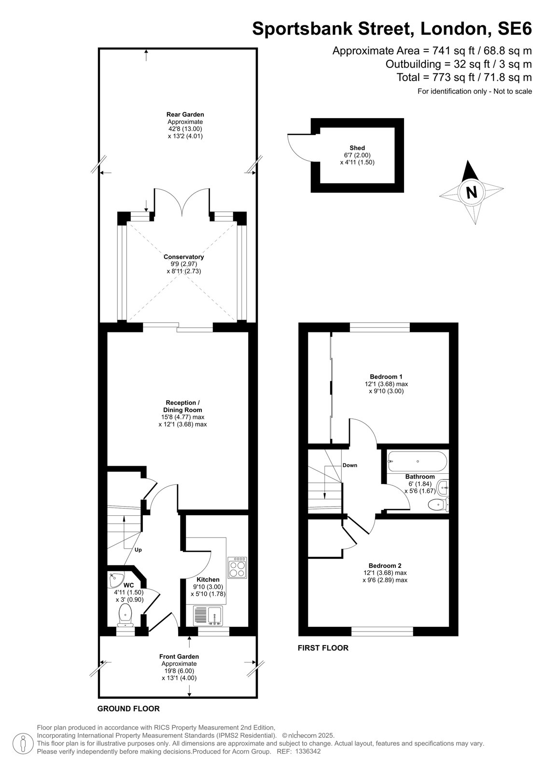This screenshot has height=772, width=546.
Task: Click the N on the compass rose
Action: pos(471,192)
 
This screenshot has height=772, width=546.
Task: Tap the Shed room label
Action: pos(357,148)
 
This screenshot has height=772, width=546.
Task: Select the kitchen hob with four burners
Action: pos(238,567)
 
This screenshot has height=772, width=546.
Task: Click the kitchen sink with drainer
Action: pos(208,616)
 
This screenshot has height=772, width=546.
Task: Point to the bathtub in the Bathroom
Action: pos(418,461)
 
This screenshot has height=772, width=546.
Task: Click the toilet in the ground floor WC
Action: pos(125,617)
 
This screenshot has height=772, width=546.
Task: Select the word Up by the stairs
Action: pos(138,550)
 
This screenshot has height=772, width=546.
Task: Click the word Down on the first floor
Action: pos(350,465)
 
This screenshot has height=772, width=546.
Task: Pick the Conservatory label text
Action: pos(183,257)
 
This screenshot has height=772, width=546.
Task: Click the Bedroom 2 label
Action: pos(385,565)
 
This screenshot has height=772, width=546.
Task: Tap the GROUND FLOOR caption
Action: pos(128,709)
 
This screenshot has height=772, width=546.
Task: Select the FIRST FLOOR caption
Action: pos(323,648)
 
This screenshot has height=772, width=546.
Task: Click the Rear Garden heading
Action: pos(185,114)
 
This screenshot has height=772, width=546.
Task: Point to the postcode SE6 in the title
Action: pos(515,28)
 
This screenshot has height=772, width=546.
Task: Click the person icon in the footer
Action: pos(23,744)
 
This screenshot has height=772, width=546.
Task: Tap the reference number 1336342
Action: pos(308,751)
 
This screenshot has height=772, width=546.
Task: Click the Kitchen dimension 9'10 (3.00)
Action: pos(208,587)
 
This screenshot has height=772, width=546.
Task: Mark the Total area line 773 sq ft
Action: pos(464,77)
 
